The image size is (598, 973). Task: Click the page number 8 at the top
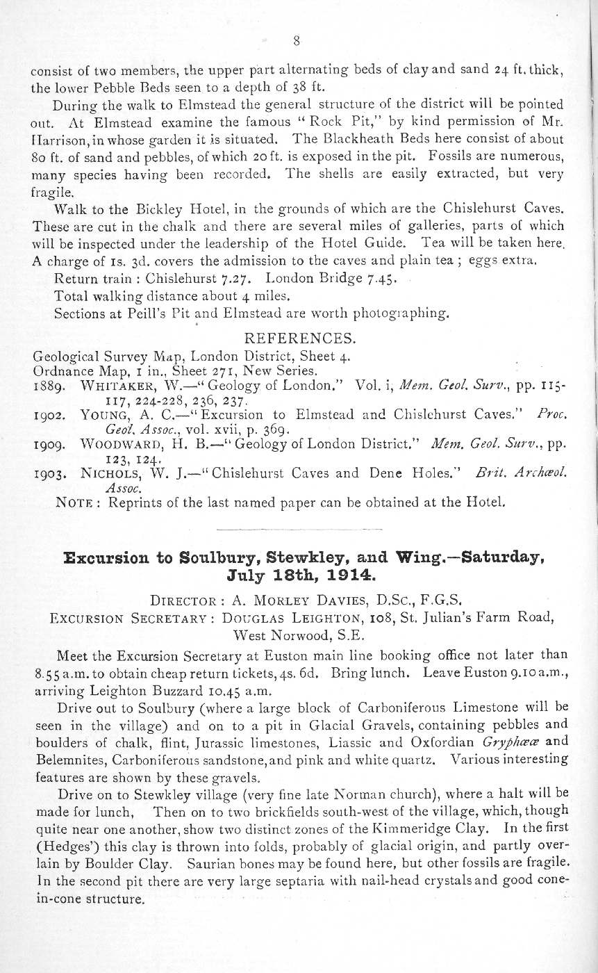click(297, 41)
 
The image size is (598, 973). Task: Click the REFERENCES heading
click(301, 339)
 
